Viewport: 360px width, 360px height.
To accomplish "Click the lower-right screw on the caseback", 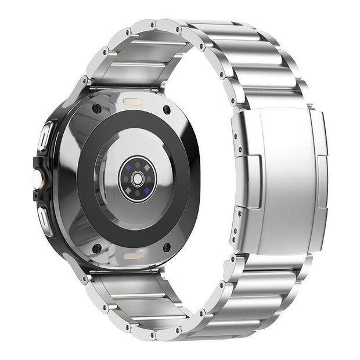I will pos(167,247).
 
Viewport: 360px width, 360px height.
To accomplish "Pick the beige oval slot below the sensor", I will pos(131,255).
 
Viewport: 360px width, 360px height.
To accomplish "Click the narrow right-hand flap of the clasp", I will pos(319,174).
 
